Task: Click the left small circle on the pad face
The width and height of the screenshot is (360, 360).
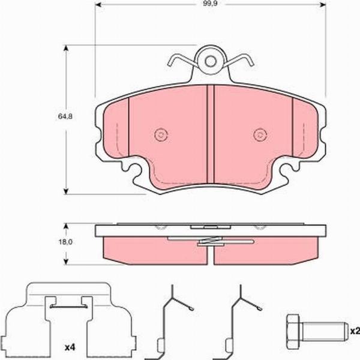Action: click(160, 134)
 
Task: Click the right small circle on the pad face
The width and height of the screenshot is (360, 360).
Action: click(259, 134)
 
